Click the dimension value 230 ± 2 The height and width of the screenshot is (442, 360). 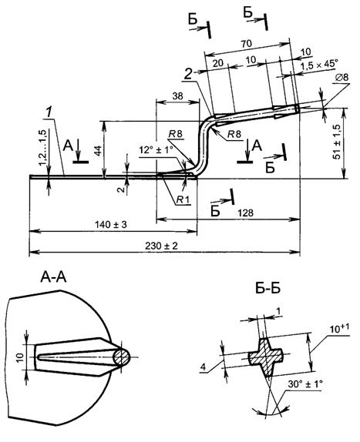162,246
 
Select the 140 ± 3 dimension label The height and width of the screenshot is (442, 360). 111,225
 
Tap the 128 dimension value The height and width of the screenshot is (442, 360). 245,213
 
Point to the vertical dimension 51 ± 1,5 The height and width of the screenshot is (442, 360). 337,142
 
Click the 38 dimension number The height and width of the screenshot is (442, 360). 177,95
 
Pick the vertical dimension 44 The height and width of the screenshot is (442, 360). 98,151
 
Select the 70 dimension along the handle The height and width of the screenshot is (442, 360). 246,44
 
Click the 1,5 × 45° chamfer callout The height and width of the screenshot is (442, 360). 319,65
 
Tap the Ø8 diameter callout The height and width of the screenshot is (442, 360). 342,77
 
